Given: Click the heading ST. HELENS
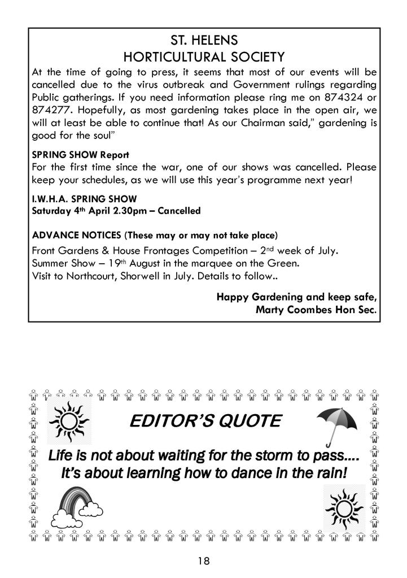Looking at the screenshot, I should [x=204, y=41].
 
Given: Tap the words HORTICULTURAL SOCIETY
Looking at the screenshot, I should [x=204, y=57].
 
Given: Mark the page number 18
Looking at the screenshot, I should [x=204, y=561].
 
